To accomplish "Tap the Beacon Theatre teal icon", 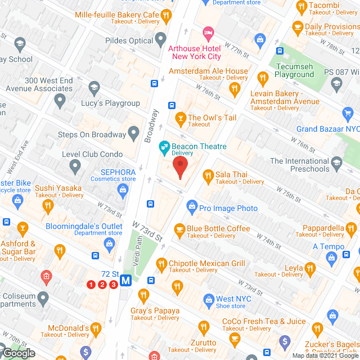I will [x=164, y=147].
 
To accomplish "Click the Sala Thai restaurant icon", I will [x=208, y=175].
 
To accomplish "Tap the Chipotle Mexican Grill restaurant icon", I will [x=161, y=263].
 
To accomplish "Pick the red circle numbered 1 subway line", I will [x=91, y=285].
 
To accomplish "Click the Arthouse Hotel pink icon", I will [x=208, y=33].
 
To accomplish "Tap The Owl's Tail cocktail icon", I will [x=179, y=118].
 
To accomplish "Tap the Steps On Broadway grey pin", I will [x=133, y=134].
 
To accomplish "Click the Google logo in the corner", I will [x=18, y=353].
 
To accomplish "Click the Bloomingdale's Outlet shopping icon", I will [x=109, y=243].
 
